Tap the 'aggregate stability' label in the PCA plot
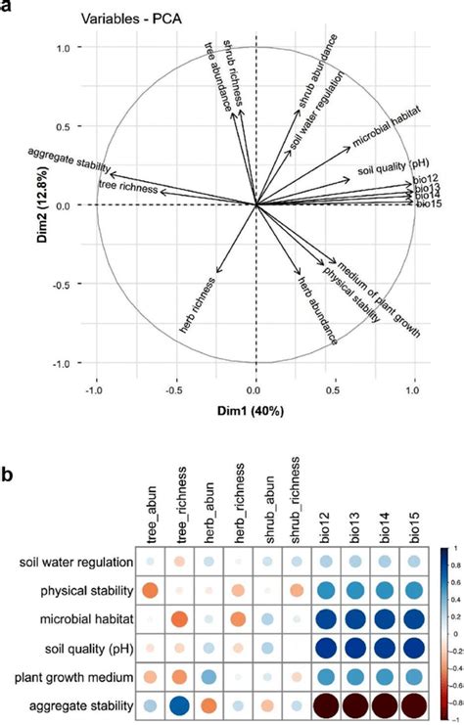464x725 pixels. pyautogui.click(x=69, y=160)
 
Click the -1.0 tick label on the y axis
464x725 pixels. pyautogui.click(x=67, y=363)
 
